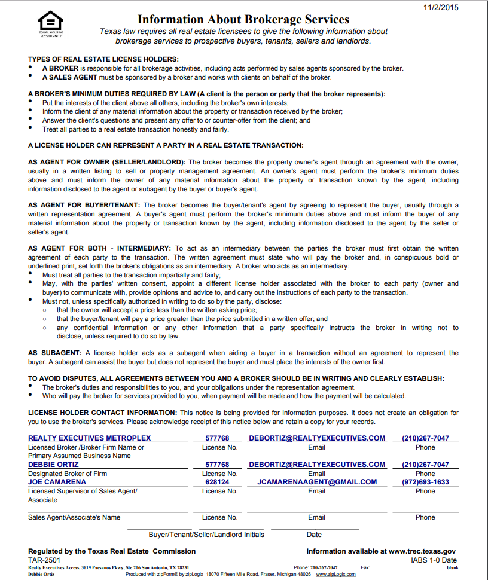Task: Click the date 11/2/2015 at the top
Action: tap(441, 7)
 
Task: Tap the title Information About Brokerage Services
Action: tap(243, 19)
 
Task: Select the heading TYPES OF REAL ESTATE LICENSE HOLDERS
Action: tap(103, 59)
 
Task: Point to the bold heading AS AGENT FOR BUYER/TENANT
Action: tap(84, 206)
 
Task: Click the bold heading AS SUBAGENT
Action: tap(54, 353)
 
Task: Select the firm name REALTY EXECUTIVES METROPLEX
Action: tap(90, 438)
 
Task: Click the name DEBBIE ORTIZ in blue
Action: tap(53, 465)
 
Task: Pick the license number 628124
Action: tap(217, 482)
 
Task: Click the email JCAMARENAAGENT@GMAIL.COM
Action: tap(317, 482)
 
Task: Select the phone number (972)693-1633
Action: tap(425, 482)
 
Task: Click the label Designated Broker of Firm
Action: tap(68, 474)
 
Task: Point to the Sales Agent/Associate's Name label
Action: tap(74, 517)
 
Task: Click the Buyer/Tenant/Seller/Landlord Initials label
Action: tap(206, 535)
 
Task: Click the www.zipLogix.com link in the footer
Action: tap(335, 574)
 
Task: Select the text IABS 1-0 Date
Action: tap(434, 560)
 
